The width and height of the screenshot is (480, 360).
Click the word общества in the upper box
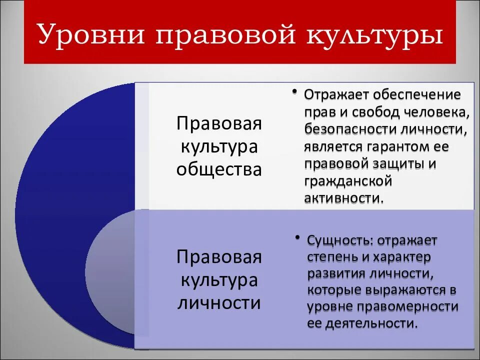[219, 169]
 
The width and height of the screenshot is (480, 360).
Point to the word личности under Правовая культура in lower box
[219, 303]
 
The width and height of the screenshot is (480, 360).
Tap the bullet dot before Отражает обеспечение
[295, 93]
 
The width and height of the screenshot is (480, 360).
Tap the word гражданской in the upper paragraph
[347, 181]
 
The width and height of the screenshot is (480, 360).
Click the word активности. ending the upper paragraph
[345, 198]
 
